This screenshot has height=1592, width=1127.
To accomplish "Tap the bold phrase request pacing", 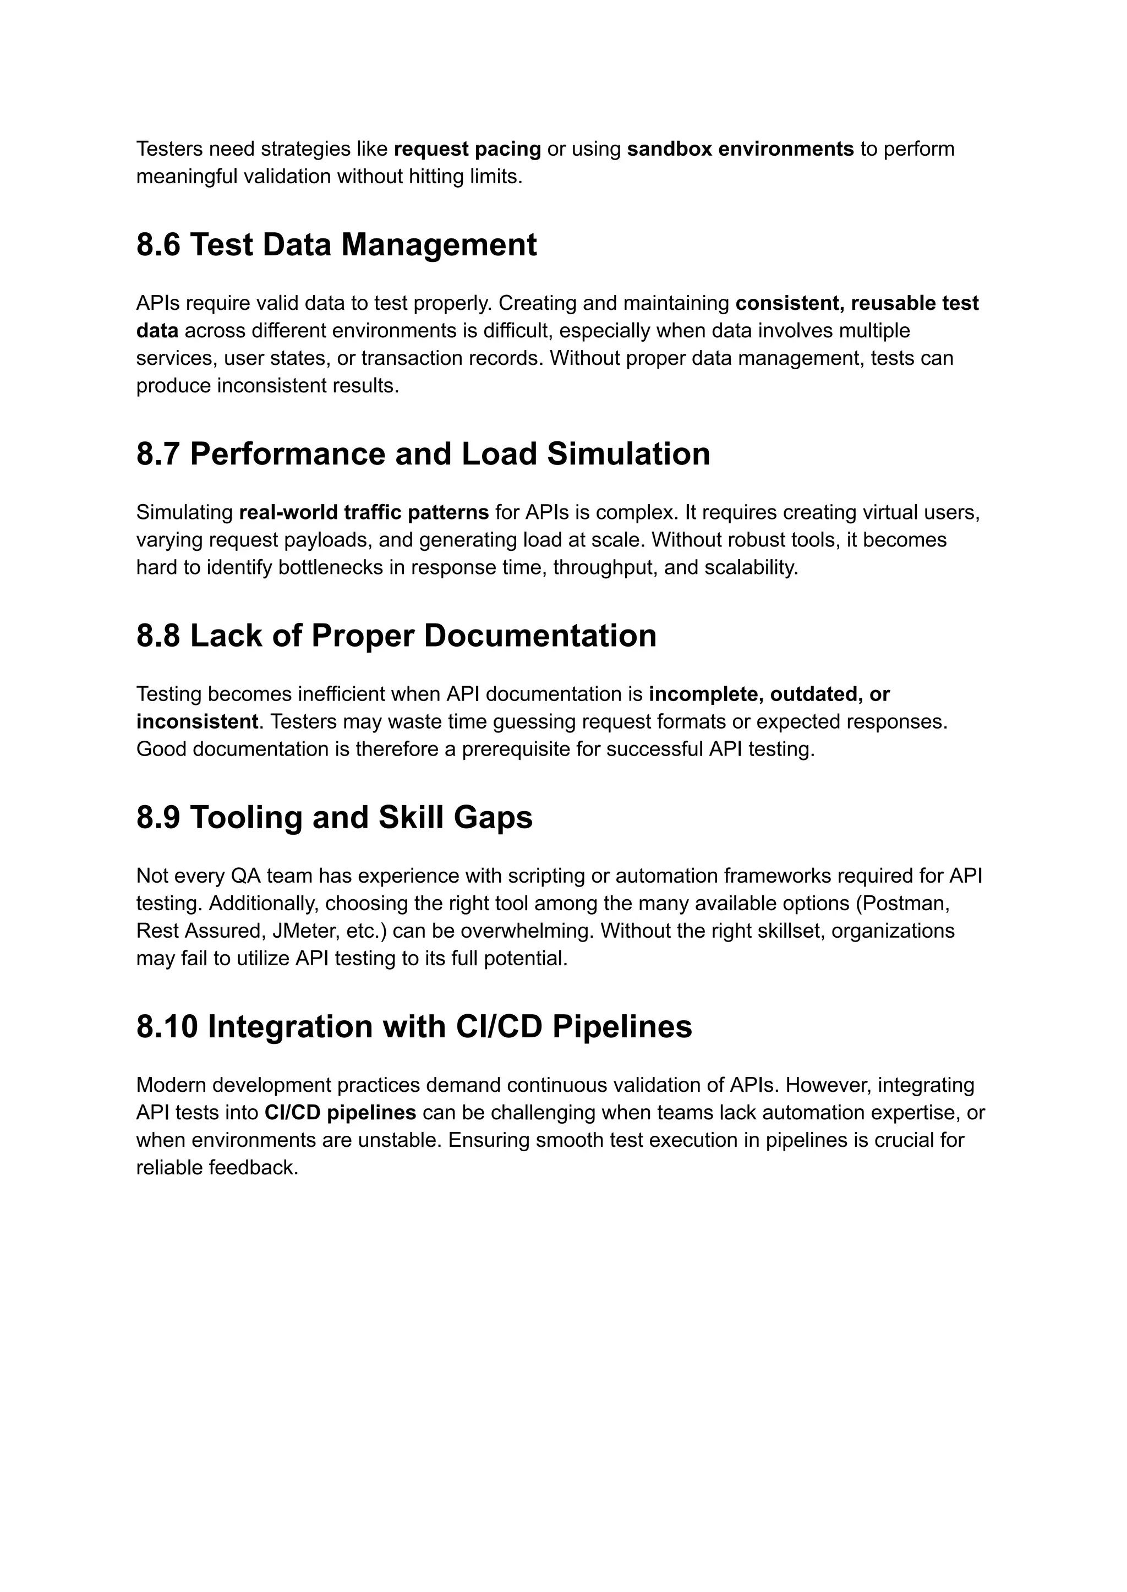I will pyautogui.click(x=467, y=149).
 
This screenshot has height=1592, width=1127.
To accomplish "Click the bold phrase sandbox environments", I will pyautogui.click(x=740, y=149).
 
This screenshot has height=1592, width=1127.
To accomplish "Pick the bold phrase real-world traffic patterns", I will pyautogui.click(x=364, y=513).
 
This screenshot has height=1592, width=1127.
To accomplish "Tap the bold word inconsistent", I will pyautogui.click(x=197, y=722).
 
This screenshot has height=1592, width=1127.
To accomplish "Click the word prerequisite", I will pyautogui.click(x=516, y=750).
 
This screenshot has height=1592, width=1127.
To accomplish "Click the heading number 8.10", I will pyautogui.click(x=167, y=1027).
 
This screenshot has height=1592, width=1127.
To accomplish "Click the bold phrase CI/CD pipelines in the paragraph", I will pyautogui.click(x=340, y=1113).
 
